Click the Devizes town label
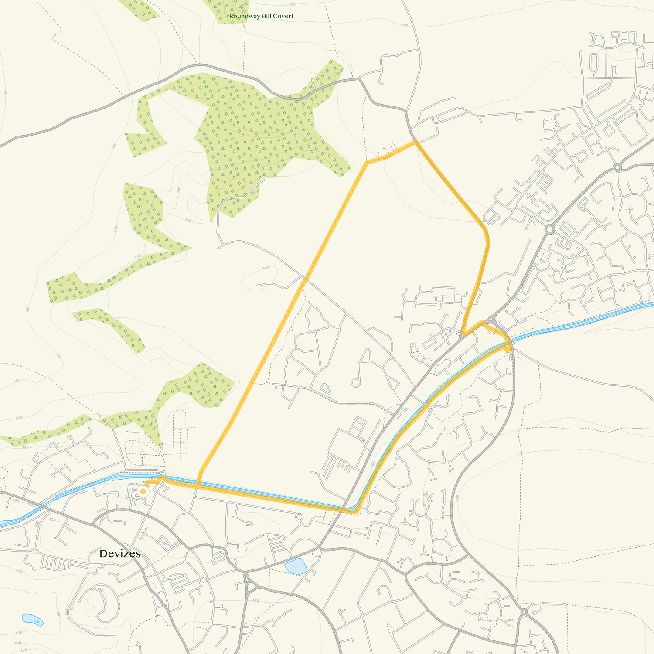pyautogui.click(x=120, y=554)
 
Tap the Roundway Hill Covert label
pyautogui.click(x=261, y=16)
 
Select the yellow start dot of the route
pyautogui.click(x=143, y=491)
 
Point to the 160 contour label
pyautogui.click(x=292, y=4)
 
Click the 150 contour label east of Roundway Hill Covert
pyautogui.click(x=405, y=25)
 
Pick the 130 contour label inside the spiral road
pyautogui.click(x=100, y=590)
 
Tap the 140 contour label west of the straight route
pyautogui.click(x=266, y=267)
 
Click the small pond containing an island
pyautogui.click(x=33, y=620)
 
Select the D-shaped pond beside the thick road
pyautogui.click(x=296, y=566)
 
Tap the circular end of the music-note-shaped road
pyautogui.click(x=356, y=383)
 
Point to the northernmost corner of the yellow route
pyautogui.click(x=415, y=142)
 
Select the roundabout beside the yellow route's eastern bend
pyautogui.click(x=492, y=320)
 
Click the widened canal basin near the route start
pyautogui.click(x=126, y=476)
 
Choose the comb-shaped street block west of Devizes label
pyautogui.click(x=54, y=564)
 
